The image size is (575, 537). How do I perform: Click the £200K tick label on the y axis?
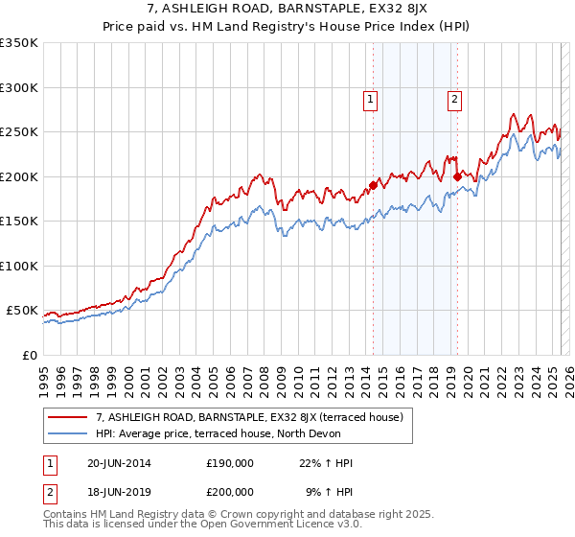[18, 176]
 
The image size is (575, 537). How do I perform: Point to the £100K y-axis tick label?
[18, 266]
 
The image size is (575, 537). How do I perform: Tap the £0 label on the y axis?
[29, 355]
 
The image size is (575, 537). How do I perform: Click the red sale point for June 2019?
[458, 176]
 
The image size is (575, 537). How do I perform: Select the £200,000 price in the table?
[230, 491]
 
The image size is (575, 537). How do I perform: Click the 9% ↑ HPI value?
[330, 491]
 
